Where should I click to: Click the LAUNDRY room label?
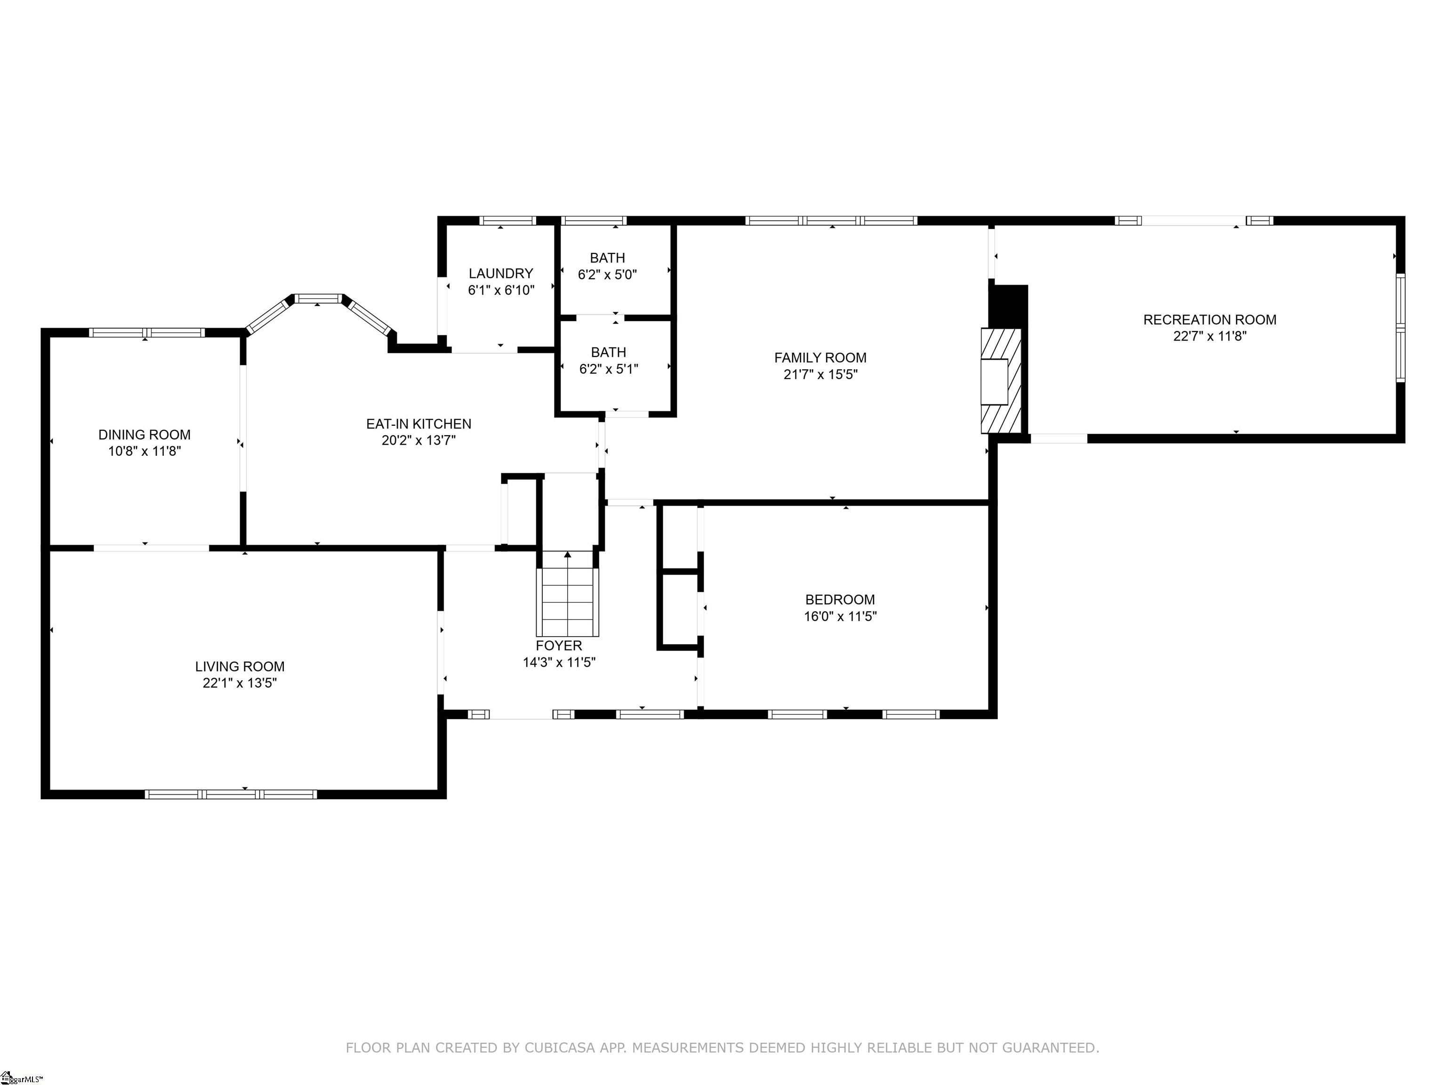coord(501,274)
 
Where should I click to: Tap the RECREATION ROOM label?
coord(1209,320)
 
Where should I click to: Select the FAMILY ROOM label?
coord(820,358)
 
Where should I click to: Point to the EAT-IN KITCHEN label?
coord(418,424)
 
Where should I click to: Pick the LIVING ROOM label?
coord(240,666)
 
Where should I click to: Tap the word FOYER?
coord(559,646)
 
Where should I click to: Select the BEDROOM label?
coord(840,600)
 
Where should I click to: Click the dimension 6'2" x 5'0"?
coord(607,275)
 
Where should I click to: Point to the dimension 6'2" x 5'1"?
coord(609,369)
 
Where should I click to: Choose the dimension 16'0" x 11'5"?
coord(840,616)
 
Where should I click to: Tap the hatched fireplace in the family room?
coord(1000,381)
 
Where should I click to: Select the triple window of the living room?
coord(231,794)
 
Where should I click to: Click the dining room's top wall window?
coord(146,332)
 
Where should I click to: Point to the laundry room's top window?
coord(507,220)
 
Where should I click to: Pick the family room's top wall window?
coord(832,220)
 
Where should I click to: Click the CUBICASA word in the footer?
coord(560,1048)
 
